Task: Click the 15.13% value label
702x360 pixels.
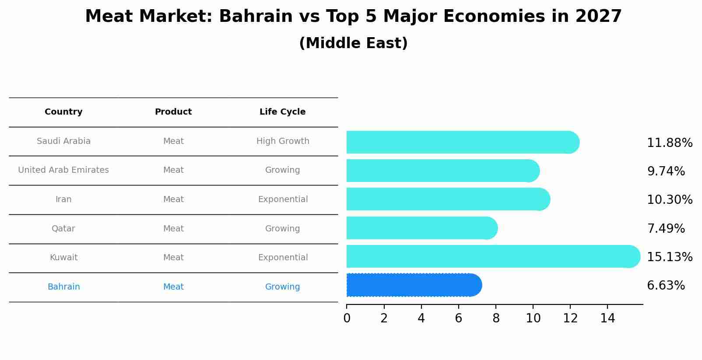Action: (669, 257)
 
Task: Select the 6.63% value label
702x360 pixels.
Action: (666, 286)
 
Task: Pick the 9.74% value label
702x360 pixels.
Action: (666, 171)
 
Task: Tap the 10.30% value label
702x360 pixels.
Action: (669, 200)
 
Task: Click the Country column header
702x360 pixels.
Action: (63, 112)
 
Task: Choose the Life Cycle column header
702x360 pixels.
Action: (282, 112)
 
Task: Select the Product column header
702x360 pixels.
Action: (173, 112)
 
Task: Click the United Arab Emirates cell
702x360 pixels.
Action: (63, 170)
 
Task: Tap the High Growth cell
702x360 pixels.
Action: (283, 141)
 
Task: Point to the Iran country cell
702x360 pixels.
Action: (63, 199)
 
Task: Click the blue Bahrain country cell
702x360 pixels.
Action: (63, 287)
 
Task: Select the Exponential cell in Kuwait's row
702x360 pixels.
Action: (283, 258)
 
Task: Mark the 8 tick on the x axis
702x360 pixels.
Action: (496, 318)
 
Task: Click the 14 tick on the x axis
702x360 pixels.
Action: (607, 318)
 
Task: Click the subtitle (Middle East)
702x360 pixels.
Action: (353, 43)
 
